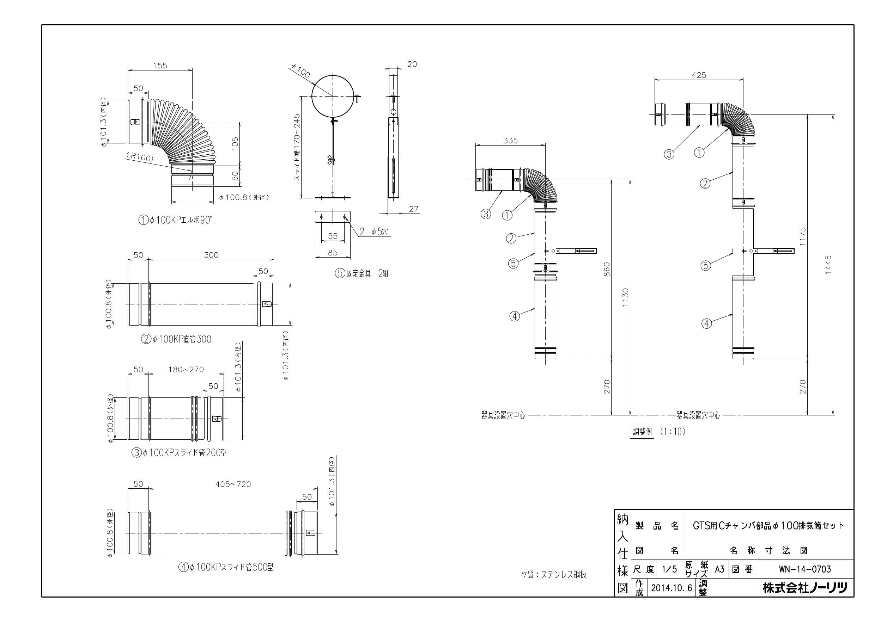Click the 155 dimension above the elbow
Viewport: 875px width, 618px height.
click(x=160, y=66)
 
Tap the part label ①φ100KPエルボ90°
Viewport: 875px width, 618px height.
click(x=175, y=220)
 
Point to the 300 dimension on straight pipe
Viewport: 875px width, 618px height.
click(x=211, y=255)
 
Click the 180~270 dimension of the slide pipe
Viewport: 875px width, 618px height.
click(x=186, y=369)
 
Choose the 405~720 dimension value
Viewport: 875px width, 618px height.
click(x=233, y=484)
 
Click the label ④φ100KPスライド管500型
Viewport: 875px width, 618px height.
click(x=226, y=567)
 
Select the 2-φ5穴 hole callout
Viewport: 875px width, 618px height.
click(x=374, y=231)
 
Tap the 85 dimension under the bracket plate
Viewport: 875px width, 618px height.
click(x=333, y=253)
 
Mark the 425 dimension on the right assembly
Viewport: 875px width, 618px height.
click(x=699, y=75)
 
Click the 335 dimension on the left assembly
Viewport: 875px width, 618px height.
click(x=510, y=141)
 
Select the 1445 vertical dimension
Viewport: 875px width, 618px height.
click(x=828, y=265)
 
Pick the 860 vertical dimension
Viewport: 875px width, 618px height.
click(x=607, y=269)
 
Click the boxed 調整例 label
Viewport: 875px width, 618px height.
click(x=642, y=432)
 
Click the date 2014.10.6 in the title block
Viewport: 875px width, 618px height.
click(x=671, y=588)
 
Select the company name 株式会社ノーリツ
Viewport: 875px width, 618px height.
click(x=805, y=588)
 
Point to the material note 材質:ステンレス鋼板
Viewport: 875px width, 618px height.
click(x=554, y=575)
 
